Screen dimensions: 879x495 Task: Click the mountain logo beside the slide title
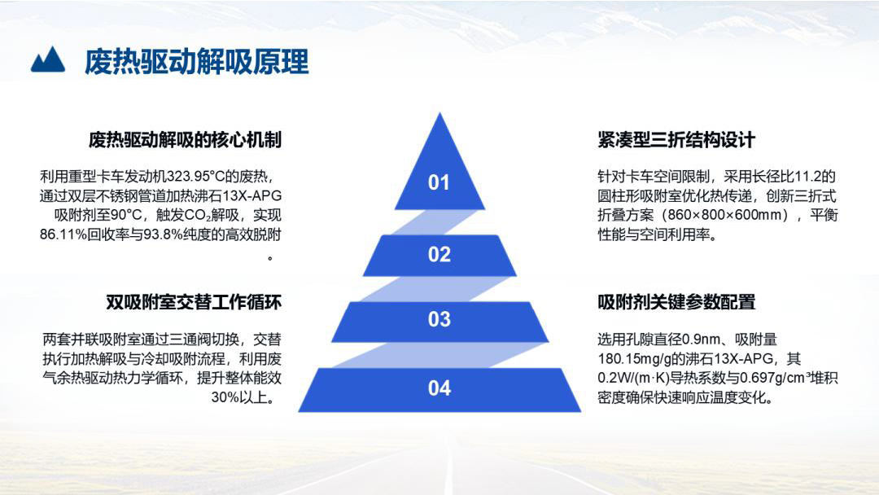point(48,59)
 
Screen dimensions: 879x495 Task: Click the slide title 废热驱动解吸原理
point(196,61)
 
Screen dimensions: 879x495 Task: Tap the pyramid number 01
point(439,182)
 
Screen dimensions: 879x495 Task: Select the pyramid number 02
point(439,255)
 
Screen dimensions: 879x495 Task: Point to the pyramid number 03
point(439,319)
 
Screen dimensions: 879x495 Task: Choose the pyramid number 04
point(439,388)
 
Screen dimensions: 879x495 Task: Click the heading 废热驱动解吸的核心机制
point(185,139)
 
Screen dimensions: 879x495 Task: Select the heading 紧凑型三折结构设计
point(676,139)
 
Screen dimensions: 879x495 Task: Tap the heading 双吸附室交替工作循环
point(194,302)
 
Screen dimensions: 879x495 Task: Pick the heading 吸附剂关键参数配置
point(676,302)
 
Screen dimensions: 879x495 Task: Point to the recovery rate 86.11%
point(63,234)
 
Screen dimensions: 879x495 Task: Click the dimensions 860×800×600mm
point(726,215)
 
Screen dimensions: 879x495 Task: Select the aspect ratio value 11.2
point(807,177)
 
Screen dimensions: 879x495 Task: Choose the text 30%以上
point(243,397)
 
